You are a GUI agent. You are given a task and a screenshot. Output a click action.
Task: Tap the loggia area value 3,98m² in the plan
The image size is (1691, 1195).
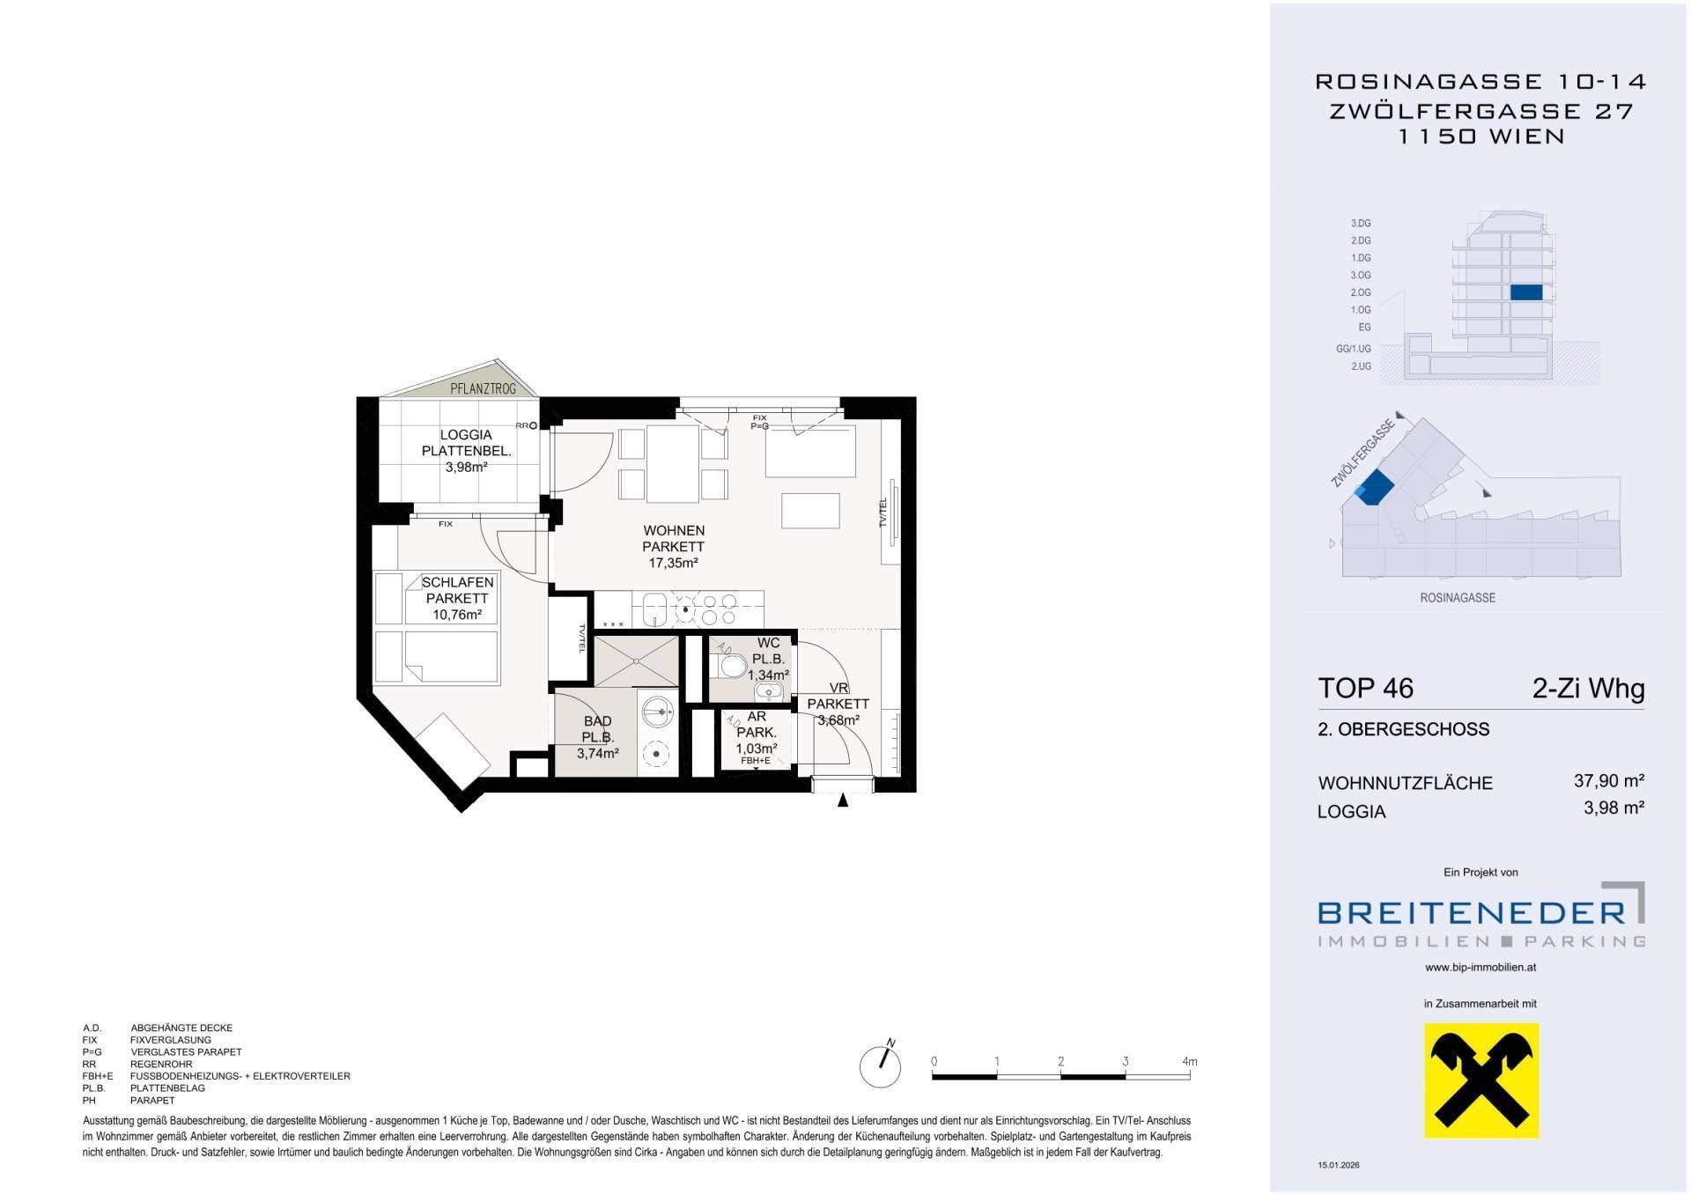(466, 468)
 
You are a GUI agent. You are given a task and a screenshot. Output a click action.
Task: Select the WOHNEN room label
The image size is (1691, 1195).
(674, 530)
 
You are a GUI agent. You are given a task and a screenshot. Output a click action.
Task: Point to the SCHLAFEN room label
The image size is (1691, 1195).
(457, 582)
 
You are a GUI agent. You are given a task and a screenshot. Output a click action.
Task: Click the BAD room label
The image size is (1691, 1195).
(597, 721)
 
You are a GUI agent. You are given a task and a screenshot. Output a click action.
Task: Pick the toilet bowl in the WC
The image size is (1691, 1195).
(730, 665)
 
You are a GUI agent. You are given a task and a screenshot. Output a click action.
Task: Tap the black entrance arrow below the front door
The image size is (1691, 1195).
(843, 800)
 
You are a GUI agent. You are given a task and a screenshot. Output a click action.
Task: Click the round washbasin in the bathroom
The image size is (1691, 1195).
(656, 707)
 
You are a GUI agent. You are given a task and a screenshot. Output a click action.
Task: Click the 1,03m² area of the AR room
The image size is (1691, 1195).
(757, 749)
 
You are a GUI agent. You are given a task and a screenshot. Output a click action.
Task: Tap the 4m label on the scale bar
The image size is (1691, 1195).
(1190, 1061)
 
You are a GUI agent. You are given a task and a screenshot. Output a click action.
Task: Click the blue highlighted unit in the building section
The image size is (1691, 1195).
(1526, 293)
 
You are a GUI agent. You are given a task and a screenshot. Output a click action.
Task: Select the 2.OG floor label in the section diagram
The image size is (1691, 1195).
(1361, 292)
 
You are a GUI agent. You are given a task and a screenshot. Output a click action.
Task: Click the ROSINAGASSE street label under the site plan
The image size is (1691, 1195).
(1458, 597)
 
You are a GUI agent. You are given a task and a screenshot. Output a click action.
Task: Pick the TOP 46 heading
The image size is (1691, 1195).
(1365, 688)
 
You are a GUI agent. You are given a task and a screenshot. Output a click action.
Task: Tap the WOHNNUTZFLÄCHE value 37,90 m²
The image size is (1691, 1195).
(1609, 780)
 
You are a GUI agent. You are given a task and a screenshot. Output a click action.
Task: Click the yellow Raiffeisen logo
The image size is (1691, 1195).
(1482, 1081)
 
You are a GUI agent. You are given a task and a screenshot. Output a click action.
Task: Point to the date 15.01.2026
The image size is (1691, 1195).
(1339, 1165)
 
